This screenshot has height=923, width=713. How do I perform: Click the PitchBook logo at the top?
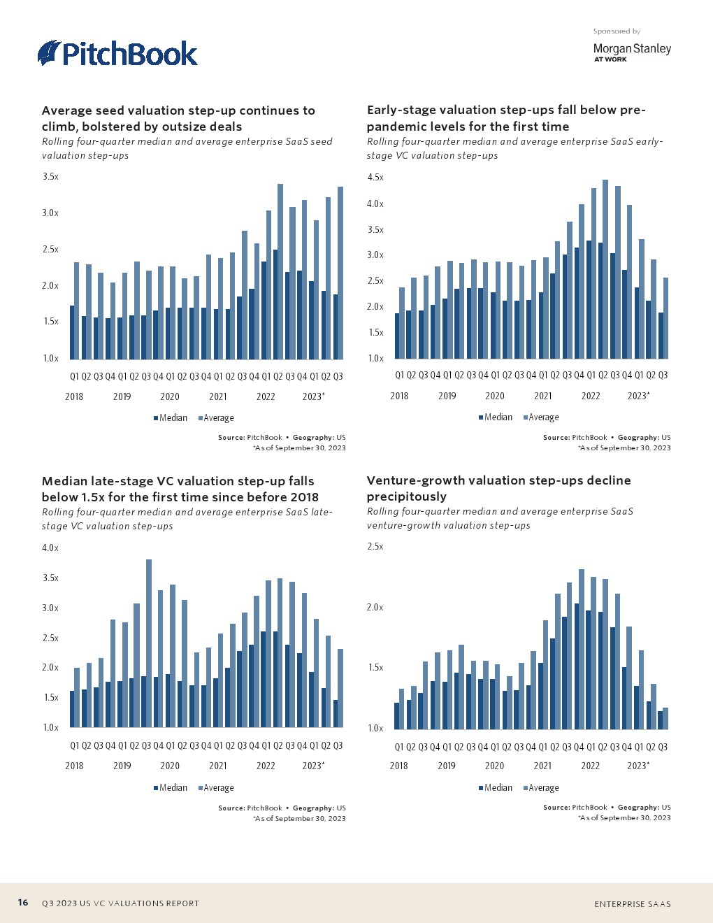click(x=117, y=53)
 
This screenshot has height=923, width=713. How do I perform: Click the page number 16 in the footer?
click(x=23, y=903)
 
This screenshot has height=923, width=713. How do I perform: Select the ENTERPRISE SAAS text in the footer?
click(x=633, y=904)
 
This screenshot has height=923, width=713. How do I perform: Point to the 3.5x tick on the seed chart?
click(x=50, y=177)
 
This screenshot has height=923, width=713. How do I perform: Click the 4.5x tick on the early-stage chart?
click(x=375, y=178)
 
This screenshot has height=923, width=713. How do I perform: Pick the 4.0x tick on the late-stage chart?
click(x=50, y=548)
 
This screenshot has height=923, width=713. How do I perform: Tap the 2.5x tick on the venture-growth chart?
click(x=375, y=547)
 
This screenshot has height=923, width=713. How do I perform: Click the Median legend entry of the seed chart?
click(x=171, y=418)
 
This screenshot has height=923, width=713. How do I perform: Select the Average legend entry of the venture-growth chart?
click(x=541, y=788)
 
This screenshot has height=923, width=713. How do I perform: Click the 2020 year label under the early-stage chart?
click(x=495, y=396)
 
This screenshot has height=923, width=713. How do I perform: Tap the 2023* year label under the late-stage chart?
click(x=313, y=766)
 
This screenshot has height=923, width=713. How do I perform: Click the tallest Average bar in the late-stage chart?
click(x=149, y=643)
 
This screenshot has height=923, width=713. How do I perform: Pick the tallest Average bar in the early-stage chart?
click(x=605, y=269)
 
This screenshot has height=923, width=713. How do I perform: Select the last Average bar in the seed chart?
click(x=340, y=273)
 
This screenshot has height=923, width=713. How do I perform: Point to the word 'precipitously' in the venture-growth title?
click(x=407, y=496)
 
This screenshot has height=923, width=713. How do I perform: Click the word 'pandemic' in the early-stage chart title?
click(x=393, y=127)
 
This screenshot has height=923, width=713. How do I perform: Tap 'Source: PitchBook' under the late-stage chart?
click(x=250, y=808)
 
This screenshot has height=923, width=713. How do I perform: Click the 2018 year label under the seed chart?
click(x=74, y=396)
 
